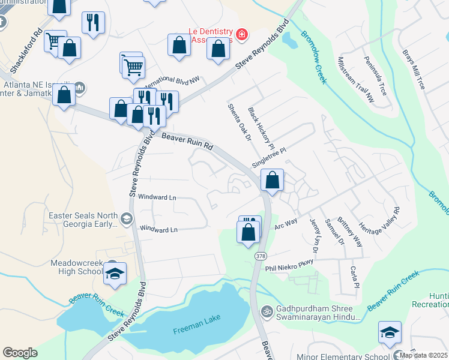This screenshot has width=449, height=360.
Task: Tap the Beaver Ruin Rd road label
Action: (x=187, y=142)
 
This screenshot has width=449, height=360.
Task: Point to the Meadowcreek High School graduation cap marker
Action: (x=115, y=274)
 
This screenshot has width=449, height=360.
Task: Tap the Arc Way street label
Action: (x=286, y=223)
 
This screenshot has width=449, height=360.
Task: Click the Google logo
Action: (x=20, y=352)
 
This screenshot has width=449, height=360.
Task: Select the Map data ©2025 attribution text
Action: (x=423, y=355)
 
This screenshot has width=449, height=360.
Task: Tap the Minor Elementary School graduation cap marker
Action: (x=390, y=332)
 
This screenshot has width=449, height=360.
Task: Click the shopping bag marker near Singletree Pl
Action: (x=272, y=179)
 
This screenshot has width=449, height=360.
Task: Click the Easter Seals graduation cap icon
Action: (x=125, y=218)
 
